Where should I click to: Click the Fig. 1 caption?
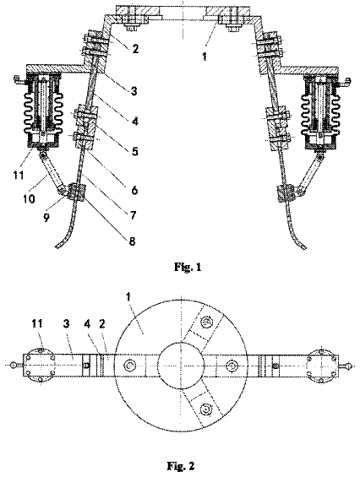pyautogui.click(x=188, y=267)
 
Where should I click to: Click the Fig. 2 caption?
pyautogui.click(x=180, y=466)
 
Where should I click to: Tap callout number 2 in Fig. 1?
pyautogui.click(x=135, y=48)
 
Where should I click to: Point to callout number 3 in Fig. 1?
pyautogui.click(x=134, y=90)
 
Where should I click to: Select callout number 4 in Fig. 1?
pyautogui.click(x=135, y=121)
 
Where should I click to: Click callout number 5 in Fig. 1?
pyautogui.click(x=134, y=151)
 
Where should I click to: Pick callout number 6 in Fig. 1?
pyautogui.click(x=134, y=190)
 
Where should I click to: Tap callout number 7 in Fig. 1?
pyautogui.click(x=133, y=215)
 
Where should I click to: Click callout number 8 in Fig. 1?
pyautogui.click(x=132, y=241)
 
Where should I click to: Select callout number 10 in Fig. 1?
pyautogui.click(x=29, y=199)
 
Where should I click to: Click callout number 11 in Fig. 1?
pyautogui.click(x=19, y=175)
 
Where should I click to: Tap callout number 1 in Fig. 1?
pyautogui.click(x=205, y=57)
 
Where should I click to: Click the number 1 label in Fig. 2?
pyautogui.click(x=128, y=296)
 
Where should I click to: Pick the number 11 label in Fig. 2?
pyautogui.click(x=37, y=323)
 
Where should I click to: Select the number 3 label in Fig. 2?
pyautogui.click(x=68, y=323)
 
